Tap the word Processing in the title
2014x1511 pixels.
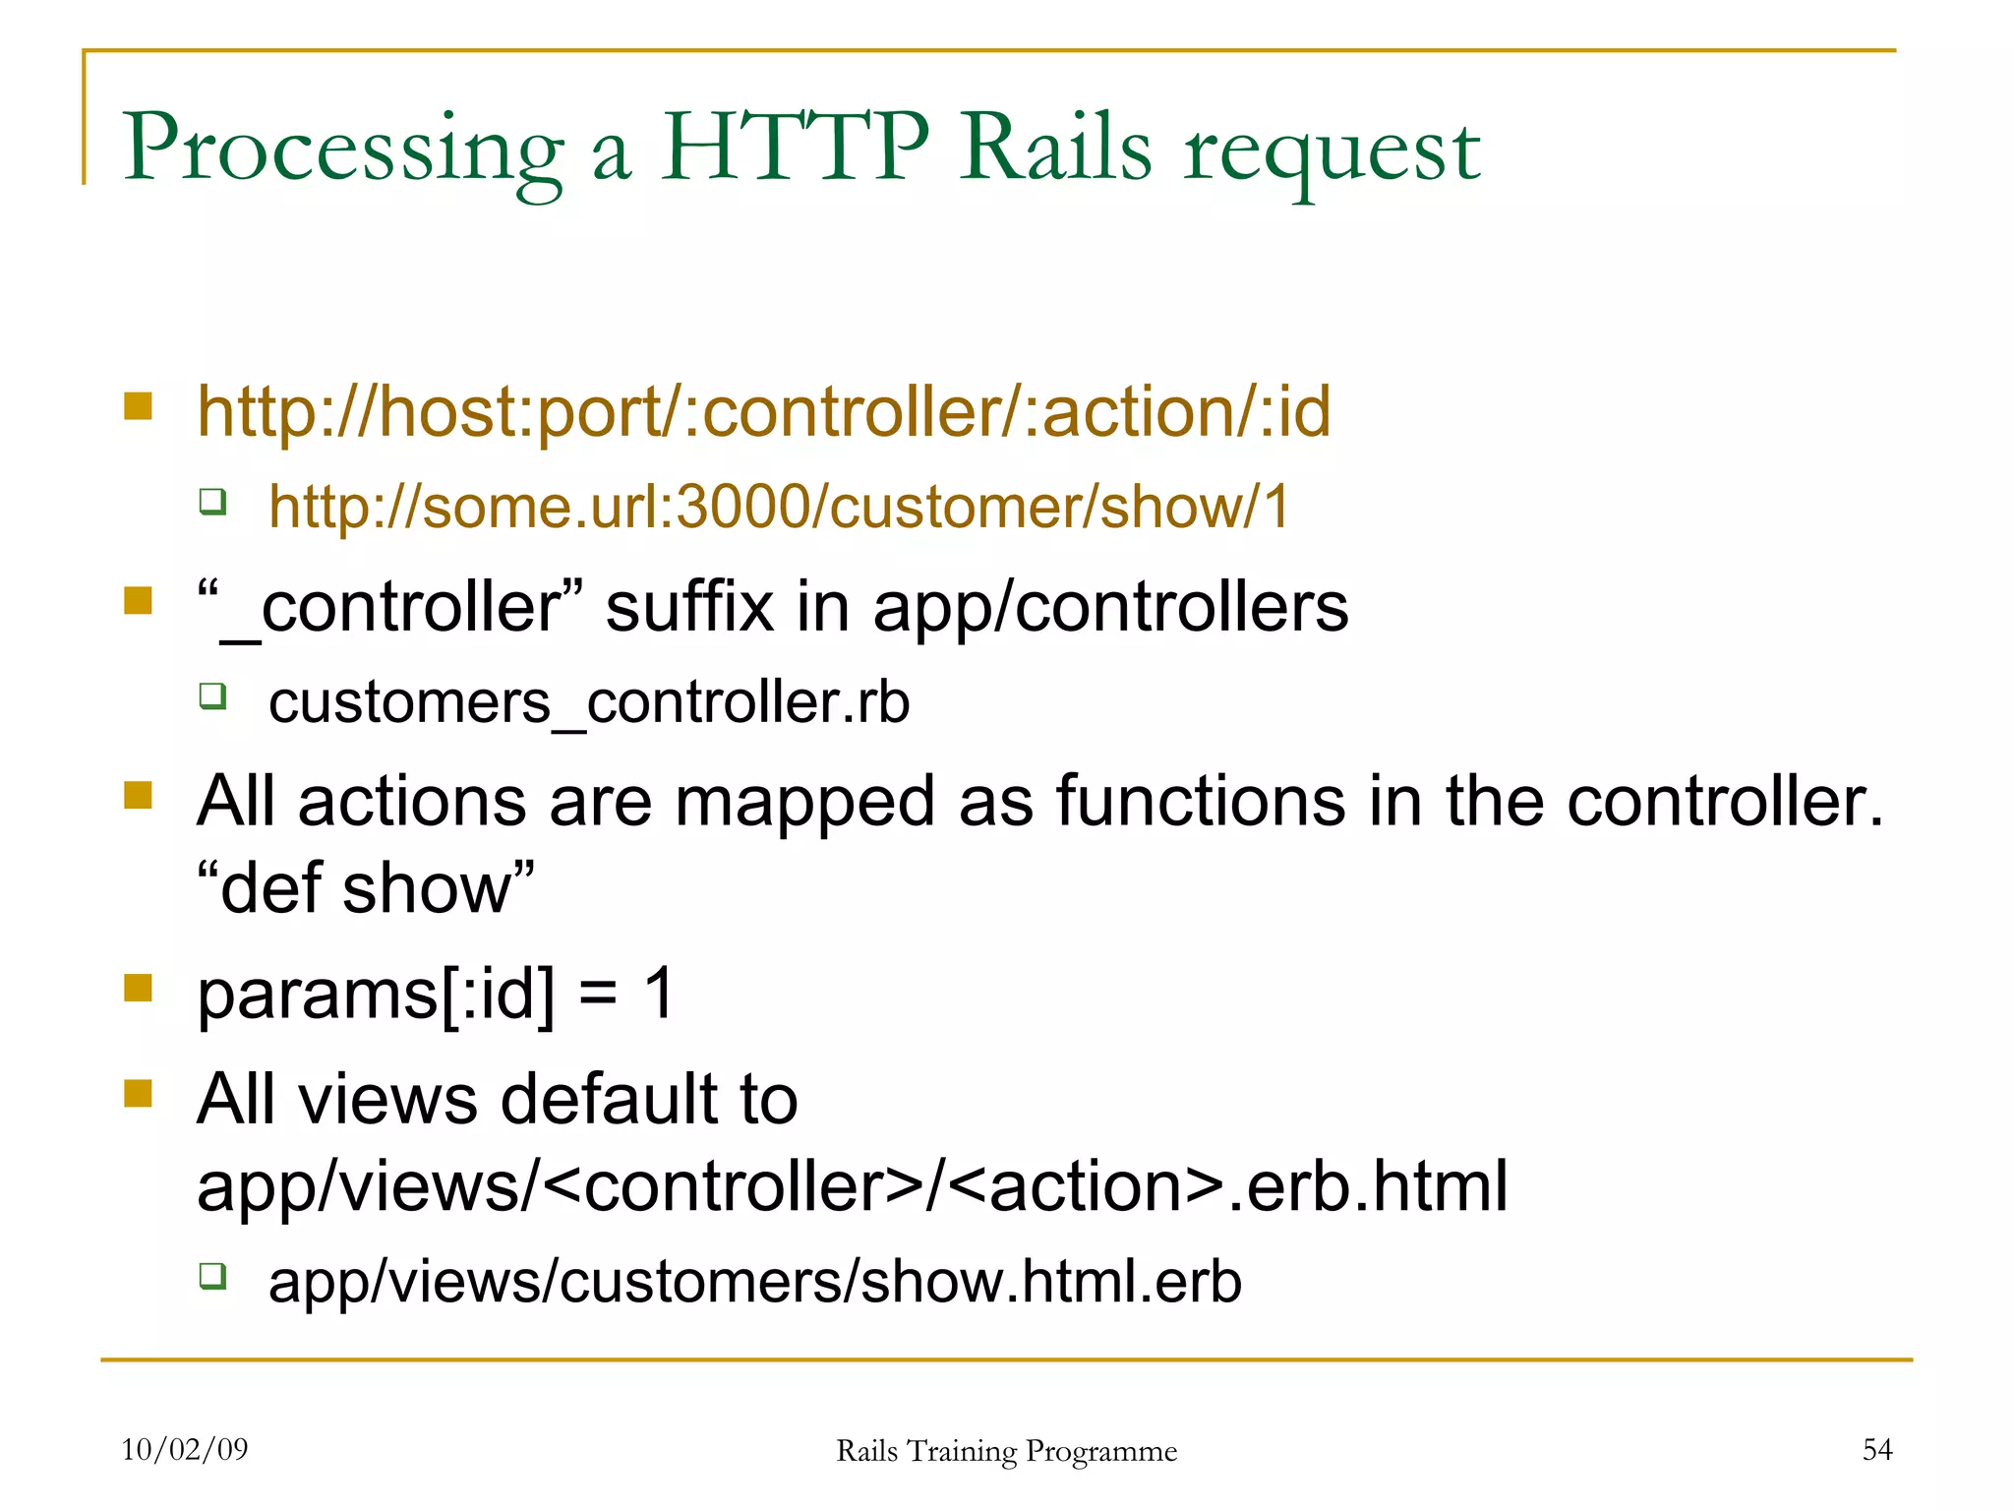tap(343, 150)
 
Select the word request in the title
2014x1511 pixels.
tap(1333, 153)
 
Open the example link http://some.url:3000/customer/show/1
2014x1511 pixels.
tap(779, 508)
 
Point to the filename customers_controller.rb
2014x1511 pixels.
tap(589, 702)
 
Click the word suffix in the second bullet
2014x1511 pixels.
tap(689, 607)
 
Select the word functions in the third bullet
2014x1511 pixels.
tap(1201, 801)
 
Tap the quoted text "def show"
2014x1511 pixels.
tap(366, 888)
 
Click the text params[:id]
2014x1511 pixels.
tap(376, 994)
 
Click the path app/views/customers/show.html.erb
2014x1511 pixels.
tap(755, 1282)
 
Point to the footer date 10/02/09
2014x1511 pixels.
tap(185, 1449)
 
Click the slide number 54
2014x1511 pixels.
tap(1877, 1449)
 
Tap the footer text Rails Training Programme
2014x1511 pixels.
tap(1006, 1451)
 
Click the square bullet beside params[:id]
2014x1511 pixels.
tap(139, 988)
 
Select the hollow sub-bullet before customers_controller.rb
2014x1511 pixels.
tap(212, 696)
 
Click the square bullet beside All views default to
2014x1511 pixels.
tap(139, 1093)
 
